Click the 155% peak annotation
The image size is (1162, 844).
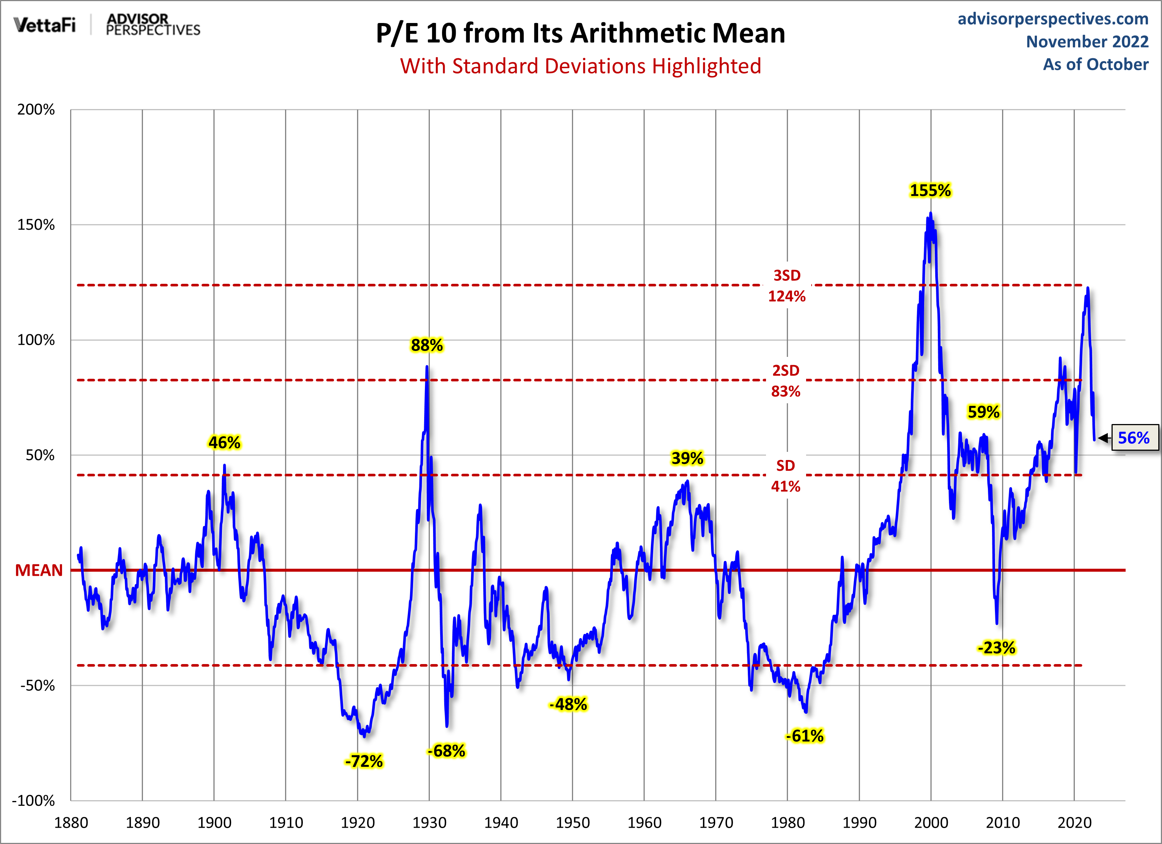[930, 191]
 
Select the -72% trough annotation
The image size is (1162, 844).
[364, 761]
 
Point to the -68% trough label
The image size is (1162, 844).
[446, 751]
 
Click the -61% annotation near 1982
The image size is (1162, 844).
[804, 736]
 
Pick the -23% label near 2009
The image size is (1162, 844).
[996, 648]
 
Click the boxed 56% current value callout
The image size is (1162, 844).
[1134, 438]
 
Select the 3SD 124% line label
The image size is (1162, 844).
[786, 286]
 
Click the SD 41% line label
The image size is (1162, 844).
[785, 476]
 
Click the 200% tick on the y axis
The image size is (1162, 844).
[36, 109]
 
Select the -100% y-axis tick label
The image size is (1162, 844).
[34, 801]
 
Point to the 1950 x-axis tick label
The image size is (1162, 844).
[573, 823]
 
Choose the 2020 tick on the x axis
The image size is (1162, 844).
[1074, 823]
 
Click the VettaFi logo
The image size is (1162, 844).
[45, 24]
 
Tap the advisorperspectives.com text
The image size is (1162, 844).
[1053, 19]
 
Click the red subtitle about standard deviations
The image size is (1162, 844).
[580, 66]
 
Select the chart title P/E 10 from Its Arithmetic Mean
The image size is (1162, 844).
[580, 33]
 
